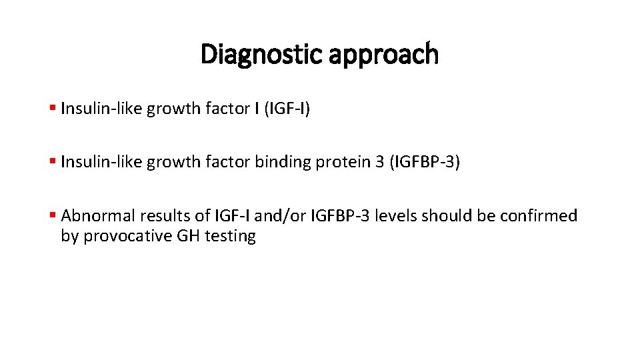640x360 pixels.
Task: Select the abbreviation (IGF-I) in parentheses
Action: [287, 109]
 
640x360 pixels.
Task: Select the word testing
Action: [231, 237]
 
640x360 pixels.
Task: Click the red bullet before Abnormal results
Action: [53, 215]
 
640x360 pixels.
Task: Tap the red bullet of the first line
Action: [53, 109]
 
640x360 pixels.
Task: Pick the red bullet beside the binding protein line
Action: [53, 162]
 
